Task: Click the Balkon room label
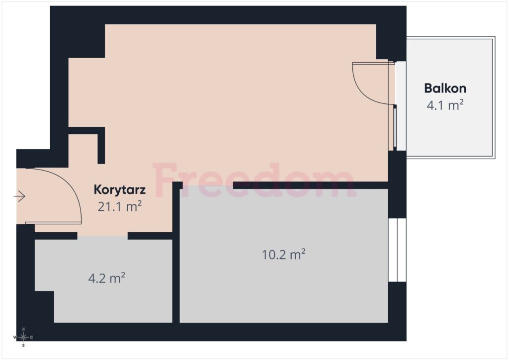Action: click(x=445, y=89)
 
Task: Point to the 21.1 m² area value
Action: click(x=119, y=206)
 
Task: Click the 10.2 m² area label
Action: click(x=283, y=255)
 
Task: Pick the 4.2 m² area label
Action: click(x=106, y=278)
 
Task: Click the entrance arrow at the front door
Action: click(x=19, y=197)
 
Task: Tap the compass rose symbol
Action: click(x=23, y=337)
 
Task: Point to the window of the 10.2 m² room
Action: click(x=397, y=250)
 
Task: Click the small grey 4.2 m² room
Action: click(x=109, y=298)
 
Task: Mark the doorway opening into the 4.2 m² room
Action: click(x=102, y=236)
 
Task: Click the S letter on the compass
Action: click(x=23, y=345)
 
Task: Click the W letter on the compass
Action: click(x=15, y=337)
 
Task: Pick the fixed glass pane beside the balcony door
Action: click(x=395, y=128)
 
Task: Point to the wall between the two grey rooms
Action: click(x=176, y=278)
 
